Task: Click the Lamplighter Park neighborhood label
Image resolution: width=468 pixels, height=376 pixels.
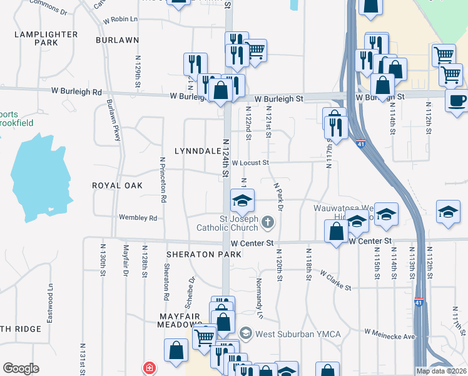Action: point(46,38)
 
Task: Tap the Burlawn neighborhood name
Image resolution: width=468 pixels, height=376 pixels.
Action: point(117,39)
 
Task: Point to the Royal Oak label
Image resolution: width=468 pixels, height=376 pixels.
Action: point(117,185)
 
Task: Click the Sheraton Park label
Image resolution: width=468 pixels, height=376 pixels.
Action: point(204,254)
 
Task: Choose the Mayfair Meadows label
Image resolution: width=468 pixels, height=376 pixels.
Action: point(180,320)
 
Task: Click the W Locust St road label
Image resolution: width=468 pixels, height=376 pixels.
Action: point(250,163)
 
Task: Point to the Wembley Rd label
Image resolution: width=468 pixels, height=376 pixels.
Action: point(138,218)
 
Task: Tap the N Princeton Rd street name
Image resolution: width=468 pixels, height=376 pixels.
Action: point(163,179)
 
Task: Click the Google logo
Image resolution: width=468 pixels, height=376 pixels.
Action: point(21,368)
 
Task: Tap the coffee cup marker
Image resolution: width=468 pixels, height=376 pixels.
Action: point(456,100)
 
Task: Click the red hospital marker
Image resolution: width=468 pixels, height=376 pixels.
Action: point(149,368)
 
